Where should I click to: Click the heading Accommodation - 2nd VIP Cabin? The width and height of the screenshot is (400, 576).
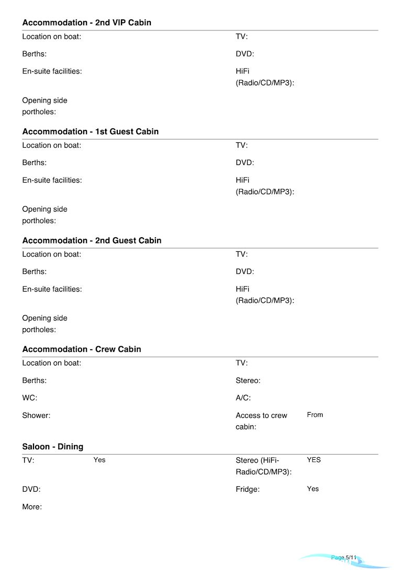[86, 23]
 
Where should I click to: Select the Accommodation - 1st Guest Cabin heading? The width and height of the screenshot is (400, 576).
[90, 131]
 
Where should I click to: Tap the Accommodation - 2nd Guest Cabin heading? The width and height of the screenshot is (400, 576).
[92, 240]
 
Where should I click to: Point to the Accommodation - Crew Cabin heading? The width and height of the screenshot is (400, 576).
[81, 349]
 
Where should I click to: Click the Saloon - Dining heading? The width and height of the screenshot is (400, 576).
[52, 447]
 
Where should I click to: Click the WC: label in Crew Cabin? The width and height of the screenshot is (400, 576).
[29, 398]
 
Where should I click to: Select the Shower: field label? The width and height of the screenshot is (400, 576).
[36, 415]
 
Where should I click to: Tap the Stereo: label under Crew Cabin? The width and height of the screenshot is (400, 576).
[248, 381]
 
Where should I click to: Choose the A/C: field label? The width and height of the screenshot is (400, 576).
[243, 398]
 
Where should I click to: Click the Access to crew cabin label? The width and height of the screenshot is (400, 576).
[261, 421]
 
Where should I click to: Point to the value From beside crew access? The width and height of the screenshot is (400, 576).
[315, 415]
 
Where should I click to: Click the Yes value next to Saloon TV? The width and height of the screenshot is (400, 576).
[99, 460]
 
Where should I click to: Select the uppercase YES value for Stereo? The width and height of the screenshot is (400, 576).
[314, 460]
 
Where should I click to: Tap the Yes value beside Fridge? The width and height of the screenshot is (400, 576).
[313, 489]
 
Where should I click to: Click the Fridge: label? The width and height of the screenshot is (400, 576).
[248, 490]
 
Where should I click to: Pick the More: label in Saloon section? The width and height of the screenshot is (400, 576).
[32, 507]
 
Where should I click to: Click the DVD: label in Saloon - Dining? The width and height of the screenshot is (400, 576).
[31, 490]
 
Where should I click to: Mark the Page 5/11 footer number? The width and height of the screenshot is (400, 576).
[343, 558]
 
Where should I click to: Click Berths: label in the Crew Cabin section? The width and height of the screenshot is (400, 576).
[34, 381]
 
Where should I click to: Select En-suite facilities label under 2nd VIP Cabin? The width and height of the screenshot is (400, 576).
[52, 71]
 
